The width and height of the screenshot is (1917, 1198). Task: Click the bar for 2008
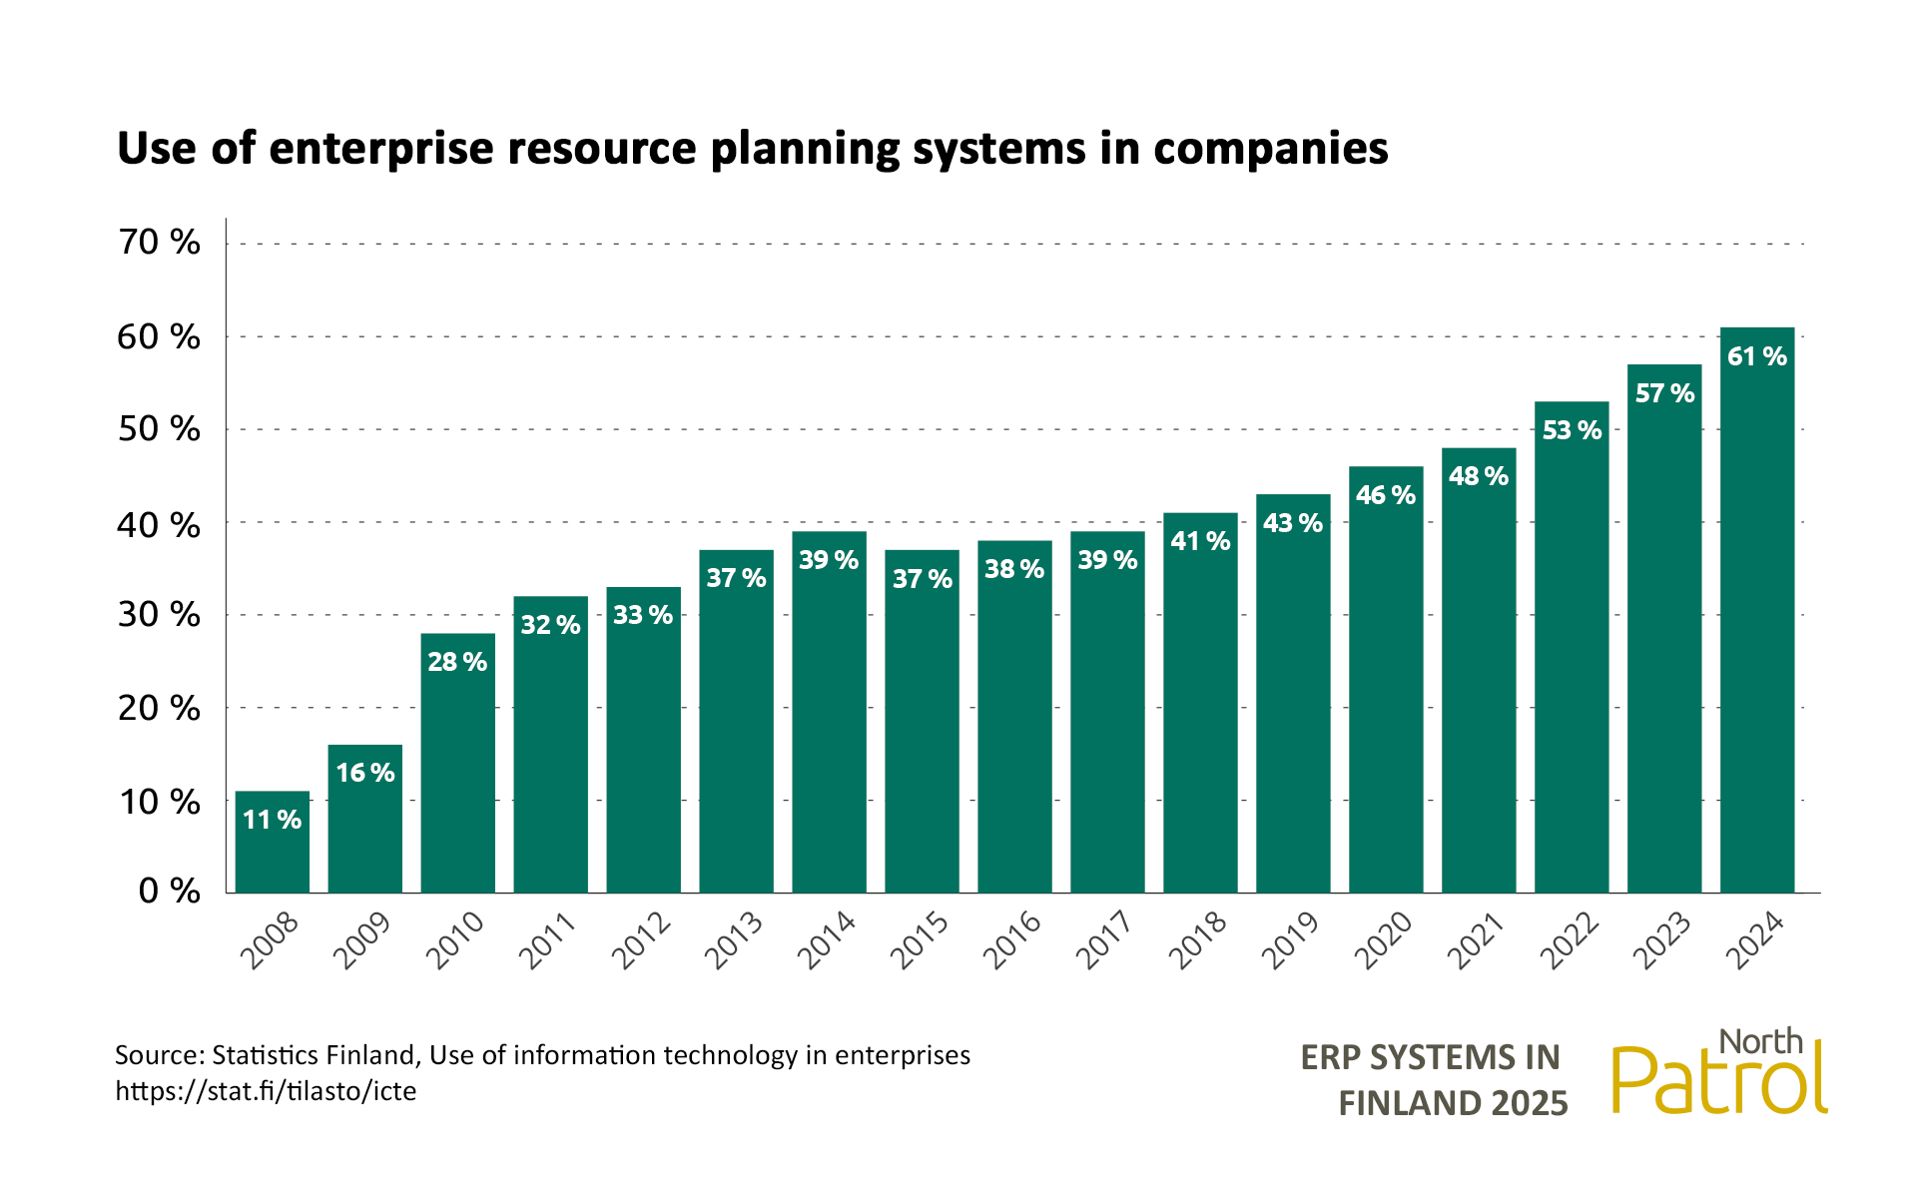(x=273, y=843)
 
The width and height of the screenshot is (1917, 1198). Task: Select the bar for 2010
(x=458, y=764)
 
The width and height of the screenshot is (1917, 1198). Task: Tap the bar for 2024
(x=1757, y=610)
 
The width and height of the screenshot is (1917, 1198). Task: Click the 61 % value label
(x=1757, y=356)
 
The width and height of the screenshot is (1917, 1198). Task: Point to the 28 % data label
(x=457, y=662)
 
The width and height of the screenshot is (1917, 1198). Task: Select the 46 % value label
(x=1386, y=495)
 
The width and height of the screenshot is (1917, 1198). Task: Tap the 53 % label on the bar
(x=1572, y=430)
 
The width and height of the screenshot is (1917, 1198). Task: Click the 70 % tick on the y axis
(x=160, y=243)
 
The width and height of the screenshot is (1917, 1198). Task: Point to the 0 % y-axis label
(x=170, y=891)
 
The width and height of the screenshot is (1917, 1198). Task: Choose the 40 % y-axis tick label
(x=160, y=524)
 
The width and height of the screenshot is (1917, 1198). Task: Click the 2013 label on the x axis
(x=734, y=940)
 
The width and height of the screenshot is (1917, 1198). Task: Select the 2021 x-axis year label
(x=1477, y=940)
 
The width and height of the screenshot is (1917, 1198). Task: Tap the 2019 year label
(x=1291, y=940)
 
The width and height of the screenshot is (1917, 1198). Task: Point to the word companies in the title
(x=1270, y=149)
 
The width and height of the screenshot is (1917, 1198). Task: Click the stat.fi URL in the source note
(x=266, y=1091)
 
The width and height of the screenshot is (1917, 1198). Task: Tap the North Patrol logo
(x=1719, y=1073)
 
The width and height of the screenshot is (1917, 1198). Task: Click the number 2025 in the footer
(x=1529, y=1104)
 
